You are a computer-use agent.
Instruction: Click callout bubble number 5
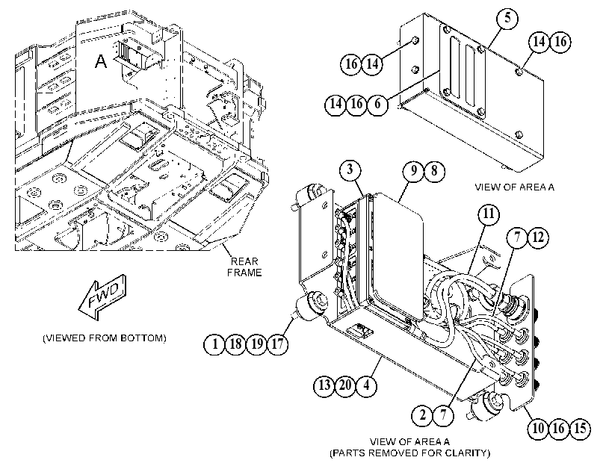click(x=507, y=18)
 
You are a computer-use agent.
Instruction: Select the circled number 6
click(x=377, y=104)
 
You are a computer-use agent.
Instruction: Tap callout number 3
click(x=350, y=170)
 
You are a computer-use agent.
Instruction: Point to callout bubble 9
click(x=413, y=170)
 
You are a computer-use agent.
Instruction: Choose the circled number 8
click(x=434, y=170)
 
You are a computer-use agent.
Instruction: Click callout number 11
click(x=489, y=214)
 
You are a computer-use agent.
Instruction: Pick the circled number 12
click(x=538, y=237)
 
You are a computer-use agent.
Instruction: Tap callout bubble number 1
click(x=214, y=344)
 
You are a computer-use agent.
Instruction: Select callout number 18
click(x=235, y=344)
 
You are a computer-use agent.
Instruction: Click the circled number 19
click(x=256, y=344)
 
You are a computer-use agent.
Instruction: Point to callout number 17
click(x=277, y=344)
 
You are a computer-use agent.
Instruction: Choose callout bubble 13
click(x=324, y=385)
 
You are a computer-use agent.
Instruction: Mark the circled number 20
click(x=345, y=385)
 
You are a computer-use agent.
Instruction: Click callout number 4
click(x=366, y=385)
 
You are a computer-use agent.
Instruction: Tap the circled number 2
click(x=422, y=415)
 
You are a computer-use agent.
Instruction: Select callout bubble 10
click(x=538, y=428)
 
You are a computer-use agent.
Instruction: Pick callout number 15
click(x=580, y=428)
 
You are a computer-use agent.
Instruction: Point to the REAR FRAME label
click(x=244, y=267)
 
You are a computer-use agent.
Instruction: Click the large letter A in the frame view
click(x=101, y=61)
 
